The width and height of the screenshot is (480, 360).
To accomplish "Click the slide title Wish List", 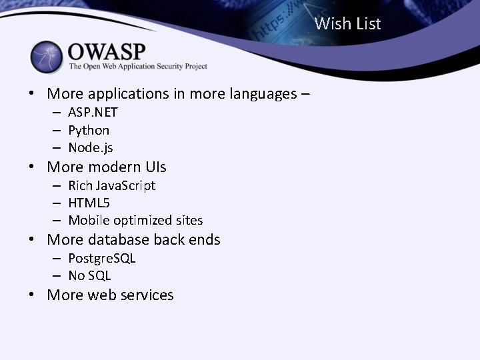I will point(347,24).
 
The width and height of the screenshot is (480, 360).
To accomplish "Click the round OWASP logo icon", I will point(47,57).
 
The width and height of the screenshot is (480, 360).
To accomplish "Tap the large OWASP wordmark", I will point(107,51).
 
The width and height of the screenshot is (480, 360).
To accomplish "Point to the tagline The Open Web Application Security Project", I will point(138,67).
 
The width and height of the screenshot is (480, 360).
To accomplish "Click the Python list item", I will point(89,130).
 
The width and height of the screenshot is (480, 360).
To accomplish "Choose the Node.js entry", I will point(91,147).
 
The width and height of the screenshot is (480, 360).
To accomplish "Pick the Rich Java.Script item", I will point(111,185).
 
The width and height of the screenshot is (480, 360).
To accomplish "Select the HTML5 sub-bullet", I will point(89,203).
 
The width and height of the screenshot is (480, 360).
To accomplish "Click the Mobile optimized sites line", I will point(135,220).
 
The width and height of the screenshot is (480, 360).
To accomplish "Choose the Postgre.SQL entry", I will point(101,258).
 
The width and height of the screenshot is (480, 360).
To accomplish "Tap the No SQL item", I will point(89,275).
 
